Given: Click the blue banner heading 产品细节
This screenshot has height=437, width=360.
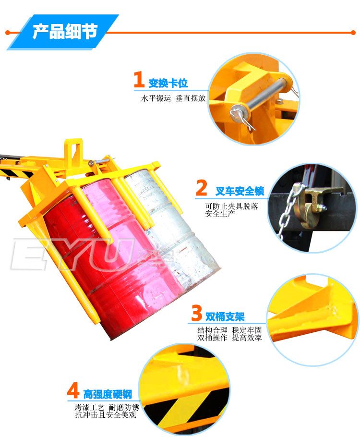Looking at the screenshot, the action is click(x=65, y=31).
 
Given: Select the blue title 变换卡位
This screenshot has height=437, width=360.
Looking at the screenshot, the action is click(x=168, y=83).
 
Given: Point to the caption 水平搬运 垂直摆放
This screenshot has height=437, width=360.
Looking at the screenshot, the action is click(x=173, y=98).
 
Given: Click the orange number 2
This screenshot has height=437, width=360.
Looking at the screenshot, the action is click(x=202, y=188).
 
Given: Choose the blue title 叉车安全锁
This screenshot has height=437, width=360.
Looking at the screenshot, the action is click(x=240, y=191).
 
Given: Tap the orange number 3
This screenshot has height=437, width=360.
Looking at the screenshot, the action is click(x=197, y=313).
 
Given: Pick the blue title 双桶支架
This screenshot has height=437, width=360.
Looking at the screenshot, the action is click(x=225, y=316).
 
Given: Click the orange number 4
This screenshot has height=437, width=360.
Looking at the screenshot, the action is click(x=73, y=390).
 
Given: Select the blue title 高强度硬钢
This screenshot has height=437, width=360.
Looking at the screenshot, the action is click(x=108, y=394).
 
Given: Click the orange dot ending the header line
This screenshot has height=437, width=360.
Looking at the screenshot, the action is click(x=353, y=33).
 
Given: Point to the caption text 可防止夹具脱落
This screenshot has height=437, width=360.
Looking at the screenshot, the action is click(x=231, y=206).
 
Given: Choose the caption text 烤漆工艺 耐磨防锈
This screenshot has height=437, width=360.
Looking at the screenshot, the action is click(x=107, y=407).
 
